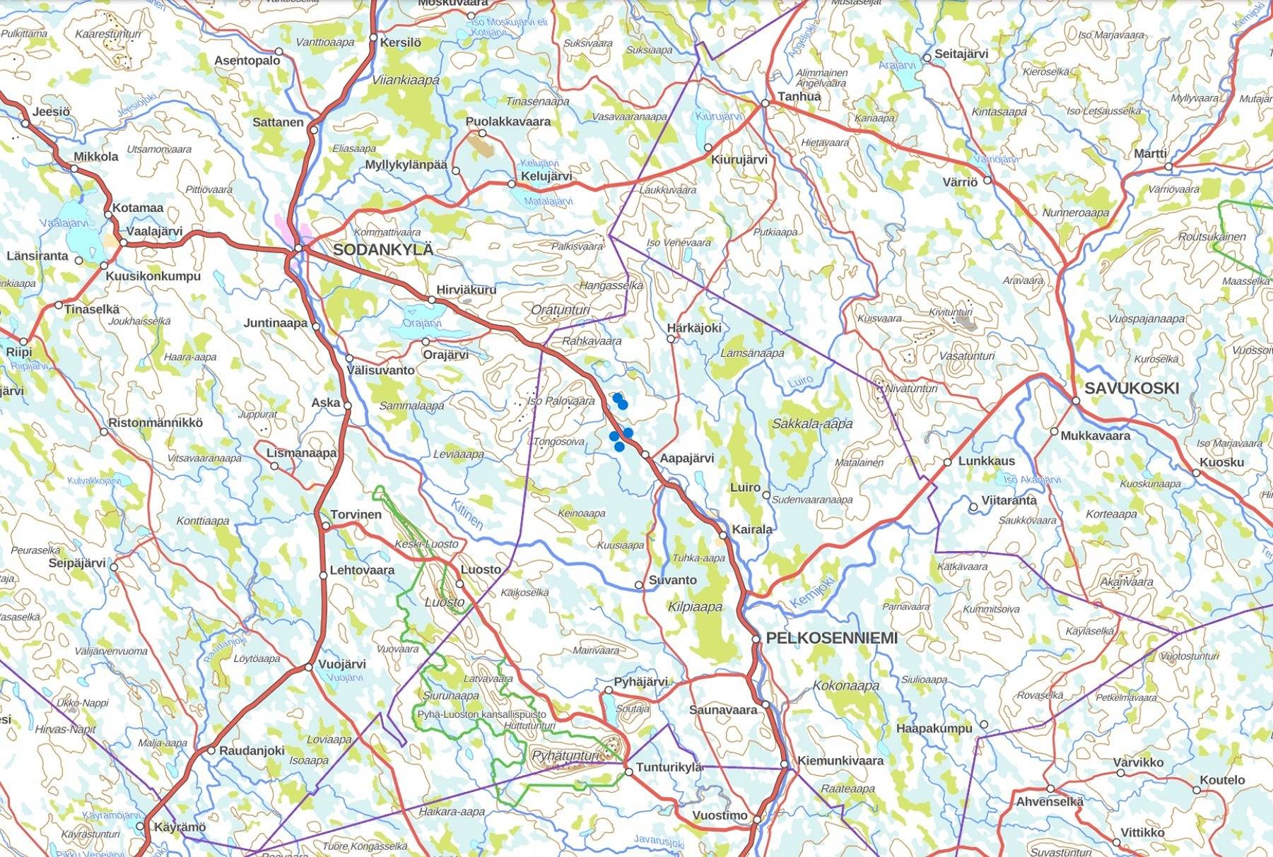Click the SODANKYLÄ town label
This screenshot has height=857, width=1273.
[382, 249]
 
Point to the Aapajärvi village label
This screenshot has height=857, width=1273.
[686, 459]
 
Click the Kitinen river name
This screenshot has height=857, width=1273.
[467, 514]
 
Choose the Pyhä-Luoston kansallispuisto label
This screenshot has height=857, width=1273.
[481, 714]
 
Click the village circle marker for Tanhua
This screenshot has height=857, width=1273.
[765, 104]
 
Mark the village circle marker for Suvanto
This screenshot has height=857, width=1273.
[639, 585]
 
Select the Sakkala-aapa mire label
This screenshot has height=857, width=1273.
[812, 424]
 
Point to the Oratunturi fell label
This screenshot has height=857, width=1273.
[560, 310]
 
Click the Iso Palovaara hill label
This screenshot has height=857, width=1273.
[561, 401]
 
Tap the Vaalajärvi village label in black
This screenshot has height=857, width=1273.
[154, 231]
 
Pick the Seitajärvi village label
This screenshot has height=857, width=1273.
[961, 54]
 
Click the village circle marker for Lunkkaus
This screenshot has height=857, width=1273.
[947, 463]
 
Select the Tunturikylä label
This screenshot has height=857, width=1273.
[669, 767]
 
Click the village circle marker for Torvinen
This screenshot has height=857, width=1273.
[326, 526]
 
